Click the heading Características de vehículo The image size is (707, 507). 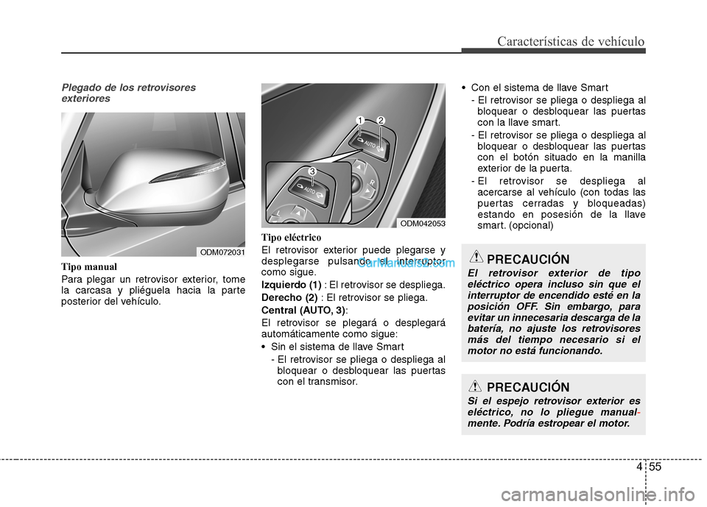tap(571, 41)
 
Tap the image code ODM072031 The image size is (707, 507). tap(222, 252)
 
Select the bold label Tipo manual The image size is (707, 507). tap(89, 266)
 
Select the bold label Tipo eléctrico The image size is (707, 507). tap(291, 238)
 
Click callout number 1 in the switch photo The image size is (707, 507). tap(360, 120)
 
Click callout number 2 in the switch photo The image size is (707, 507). tap(380, 120)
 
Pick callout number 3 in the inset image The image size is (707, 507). tap(312, 171)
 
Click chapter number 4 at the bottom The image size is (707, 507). tap(636, 467)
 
